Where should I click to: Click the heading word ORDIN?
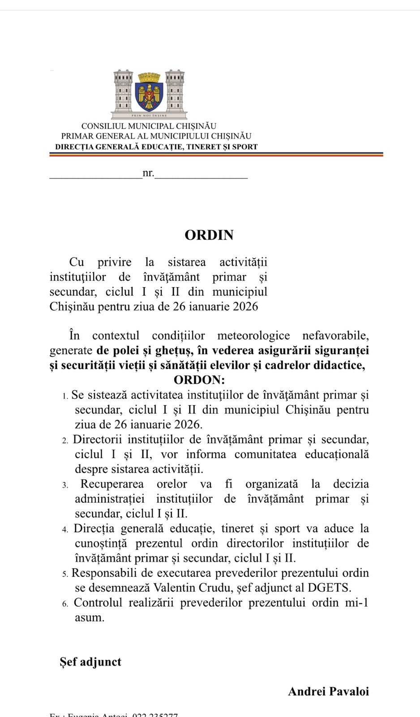[209, 235]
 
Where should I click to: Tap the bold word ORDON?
[199, 380]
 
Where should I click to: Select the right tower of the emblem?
[176, 92]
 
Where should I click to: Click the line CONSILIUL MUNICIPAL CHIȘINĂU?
[149, 126]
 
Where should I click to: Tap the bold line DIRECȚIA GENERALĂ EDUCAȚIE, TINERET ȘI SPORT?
[156, 147]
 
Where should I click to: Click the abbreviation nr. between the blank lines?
[148, 173]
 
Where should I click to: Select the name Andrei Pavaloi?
[328, 691]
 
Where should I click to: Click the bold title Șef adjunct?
[90, 662]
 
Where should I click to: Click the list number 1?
[64, 396]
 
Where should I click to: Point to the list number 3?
[65, 485]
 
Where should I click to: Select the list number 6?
[65, 604]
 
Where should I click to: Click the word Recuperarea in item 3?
[112, 484]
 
